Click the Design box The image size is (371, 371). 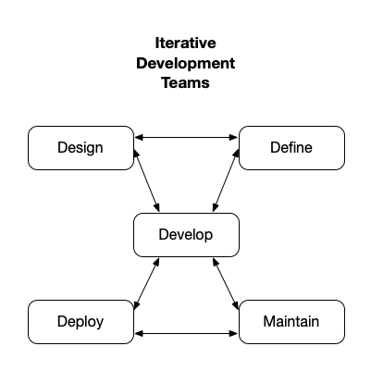pos(80,148)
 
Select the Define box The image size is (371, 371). pos(291,148)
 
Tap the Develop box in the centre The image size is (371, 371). pos(186,235)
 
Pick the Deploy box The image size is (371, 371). pos(80,322)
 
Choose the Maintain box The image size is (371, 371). pos(291,322)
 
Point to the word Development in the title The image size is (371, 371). pos(185,64)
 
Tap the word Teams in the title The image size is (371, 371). pos(185,83)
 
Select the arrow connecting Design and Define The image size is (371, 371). pos(185,138)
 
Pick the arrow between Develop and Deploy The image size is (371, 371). pos(147,283)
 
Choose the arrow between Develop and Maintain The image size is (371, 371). pos(227,283)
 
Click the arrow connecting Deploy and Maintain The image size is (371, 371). pos(185,332)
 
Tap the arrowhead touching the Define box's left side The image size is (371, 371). pos(234,138)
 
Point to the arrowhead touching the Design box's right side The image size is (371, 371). pos(137,138)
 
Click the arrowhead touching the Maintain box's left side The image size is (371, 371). pos(234,332)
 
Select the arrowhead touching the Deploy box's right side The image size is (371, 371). pos(137,332)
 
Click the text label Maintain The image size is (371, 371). pos(291,322)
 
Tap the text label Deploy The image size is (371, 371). pos(80,322)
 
